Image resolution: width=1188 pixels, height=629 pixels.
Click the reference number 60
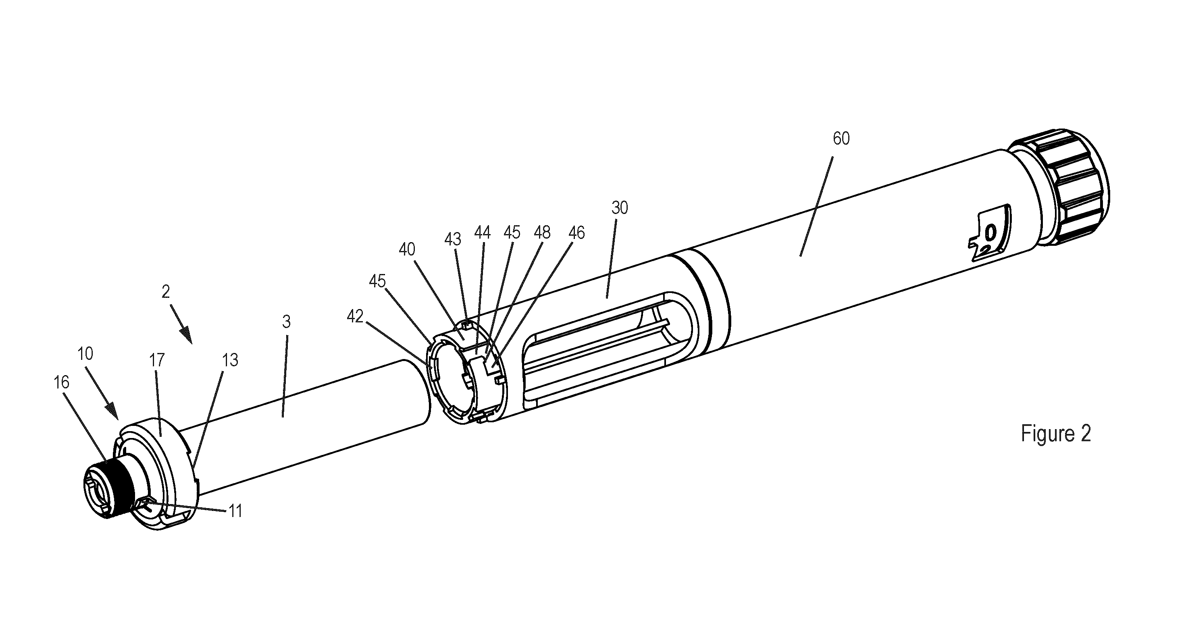841,139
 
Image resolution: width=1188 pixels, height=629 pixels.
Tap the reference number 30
620,208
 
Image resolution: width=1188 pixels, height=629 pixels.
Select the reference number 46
576,233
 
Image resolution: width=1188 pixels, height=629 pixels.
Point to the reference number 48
542,233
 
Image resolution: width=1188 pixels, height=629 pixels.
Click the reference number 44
483,233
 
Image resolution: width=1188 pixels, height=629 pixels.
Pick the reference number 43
453,239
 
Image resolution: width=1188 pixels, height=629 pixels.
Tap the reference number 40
407,250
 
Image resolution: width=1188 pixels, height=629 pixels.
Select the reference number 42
355,316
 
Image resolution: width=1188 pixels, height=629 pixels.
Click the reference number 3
286,322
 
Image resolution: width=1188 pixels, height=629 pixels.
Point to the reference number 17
157,360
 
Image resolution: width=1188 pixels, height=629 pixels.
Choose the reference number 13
230,360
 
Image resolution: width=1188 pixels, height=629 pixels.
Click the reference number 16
61,382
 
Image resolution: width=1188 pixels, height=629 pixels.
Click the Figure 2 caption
1056,434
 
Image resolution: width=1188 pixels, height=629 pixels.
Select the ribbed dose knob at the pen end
1060,186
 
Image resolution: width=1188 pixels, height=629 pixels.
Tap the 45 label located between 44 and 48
512,233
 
